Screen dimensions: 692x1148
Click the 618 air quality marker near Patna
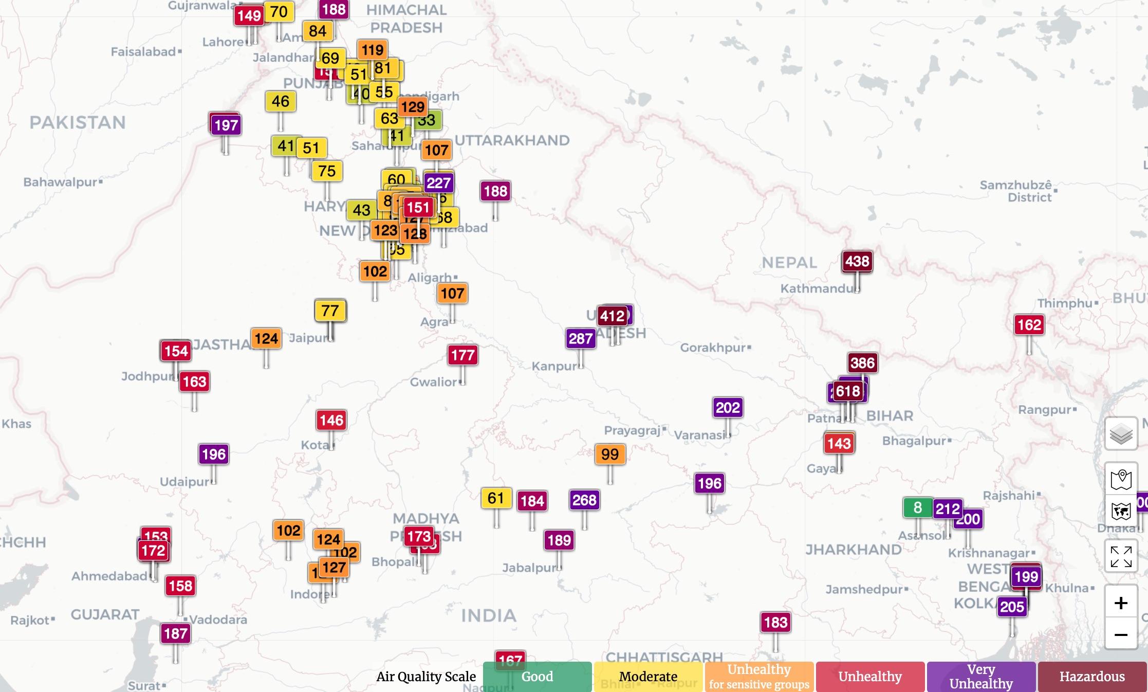(848, 391)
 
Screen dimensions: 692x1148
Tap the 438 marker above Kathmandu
(857, 261)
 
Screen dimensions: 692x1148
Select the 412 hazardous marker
(612, 316)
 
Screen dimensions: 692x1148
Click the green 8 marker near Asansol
(917, 508)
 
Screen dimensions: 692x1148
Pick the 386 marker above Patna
(862, 363)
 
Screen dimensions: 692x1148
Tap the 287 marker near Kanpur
(581, 339)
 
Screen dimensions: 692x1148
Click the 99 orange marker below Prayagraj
(610, 454)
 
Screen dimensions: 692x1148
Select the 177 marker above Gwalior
(462, 355)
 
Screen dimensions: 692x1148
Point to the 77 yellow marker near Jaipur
(330, 311)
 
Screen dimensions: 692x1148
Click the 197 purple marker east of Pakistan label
(226, 125)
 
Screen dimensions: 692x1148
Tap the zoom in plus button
(1121, 603)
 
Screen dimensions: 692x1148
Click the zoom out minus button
(1121, 635)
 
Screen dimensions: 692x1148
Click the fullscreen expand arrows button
(1121, 556)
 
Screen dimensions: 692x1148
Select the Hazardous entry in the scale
(1092, 677)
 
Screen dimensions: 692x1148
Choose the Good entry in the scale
(537, 677)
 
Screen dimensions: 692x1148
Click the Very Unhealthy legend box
(981, 677)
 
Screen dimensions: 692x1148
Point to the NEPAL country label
(789, 263)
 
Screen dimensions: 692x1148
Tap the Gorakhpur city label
(714, 348)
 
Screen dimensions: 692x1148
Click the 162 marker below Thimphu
(1029, 325)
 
